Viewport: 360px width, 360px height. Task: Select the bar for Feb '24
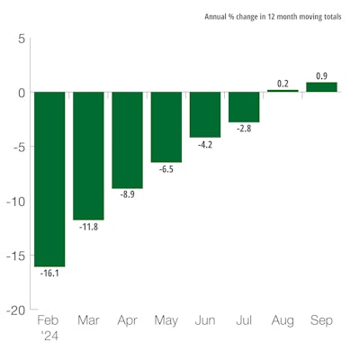49,179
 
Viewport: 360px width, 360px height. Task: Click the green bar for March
88,156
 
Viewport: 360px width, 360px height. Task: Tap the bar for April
127,139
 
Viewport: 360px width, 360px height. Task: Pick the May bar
166,127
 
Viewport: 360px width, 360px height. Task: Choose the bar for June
204,114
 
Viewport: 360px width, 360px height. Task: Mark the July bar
243,107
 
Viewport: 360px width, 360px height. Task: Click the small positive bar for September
321,87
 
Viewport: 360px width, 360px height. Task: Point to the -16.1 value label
49,274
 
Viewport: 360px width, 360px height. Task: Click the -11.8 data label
88,227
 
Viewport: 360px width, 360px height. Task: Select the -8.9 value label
127,195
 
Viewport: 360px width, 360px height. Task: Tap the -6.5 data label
166,169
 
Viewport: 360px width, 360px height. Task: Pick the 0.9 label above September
321,76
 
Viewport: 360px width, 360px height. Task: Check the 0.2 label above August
283,83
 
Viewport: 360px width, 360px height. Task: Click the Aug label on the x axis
283,319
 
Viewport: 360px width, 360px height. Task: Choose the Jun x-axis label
204,319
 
